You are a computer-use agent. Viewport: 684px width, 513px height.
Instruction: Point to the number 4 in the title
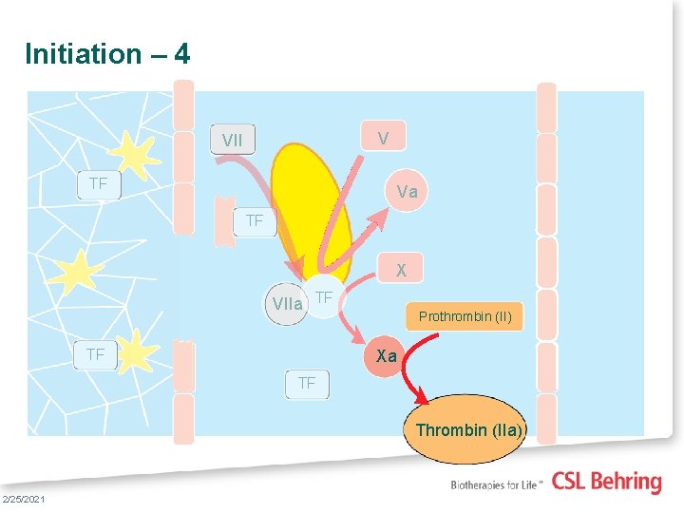181,54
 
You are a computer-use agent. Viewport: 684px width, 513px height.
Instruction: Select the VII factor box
233,141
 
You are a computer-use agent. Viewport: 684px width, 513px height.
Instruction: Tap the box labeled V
382,139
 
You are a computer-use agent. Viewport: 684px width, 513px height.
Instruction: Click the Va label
407,192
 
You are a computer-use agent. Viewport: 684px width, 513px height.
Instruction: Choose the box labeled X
401,270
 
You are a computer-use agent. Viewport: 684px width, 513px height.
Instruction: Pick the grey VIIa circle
286,304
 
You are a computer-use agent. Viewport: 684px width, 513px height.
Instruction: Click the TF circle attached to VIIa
324,298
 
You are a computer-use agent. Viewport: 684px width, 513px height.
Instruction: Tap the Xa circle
386,356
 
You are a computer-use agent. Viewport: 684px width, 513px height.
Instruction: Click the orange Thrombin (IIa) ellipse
467,430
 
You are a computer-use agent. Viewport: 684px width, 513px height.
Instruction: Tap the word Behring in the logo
626,482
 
